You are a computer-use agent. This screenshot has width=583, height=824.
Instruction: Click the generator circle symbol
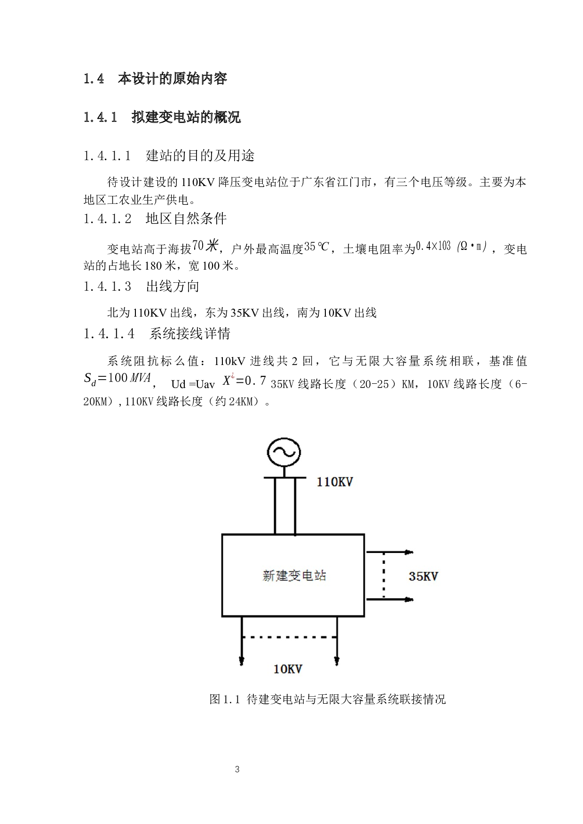click(x=284, y=452)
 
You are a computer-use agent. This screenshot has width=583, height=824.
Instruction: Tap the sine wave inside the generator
click(x=284, y=452)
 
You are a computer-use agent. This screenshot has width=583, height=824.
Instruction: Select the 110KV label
click(x=334, y=482)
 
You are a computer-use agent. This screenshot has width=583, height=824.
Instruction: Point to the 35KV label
click(x=423, y=576)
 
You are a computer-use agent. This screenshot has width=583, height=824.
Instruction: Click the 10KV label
click(x=288, y=669)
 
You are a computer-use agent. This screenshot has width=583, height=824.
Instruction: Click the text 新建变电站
click(x=294, y=575)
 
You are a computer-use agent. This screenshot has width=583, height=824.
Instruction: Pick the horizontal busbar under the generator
click(x=285, y=478)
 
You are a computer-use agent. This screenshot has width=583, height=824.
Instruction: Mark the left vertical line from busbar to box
click(x=275, y=506)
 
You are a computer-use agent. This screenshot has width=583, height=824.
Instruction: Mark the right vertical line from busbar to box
click(x=295, y=506)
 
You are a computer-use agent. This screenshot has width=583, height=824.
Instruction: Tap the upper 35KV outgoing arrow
click(x=389, y=552)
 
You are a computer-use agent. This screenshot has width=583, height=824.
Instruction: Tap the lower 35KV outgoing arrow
click(x=389, y=599)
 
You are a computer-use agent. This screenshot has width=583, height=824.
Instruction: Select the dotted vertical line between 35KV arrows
click(x=384, y=576)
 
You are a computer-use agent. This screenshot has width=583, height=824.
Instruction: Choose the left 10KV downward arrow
click(x=242, y=641)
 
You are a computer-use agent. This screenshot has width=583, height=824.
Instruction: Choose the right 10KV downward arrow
click(x=337, y=641)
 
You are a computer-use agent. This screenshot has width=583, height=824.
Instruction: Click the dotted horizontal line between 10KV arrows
click(x=289, y=637)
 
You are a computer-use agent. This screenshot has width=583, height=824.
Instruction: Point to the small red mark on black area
click(x=232, y=375)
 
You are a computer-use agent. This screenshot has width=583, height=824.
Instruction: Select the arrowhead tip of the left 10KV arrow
click(x=242, y=663)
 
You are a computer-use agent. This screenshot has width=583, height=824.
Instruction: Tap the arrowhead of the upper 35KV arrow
click(x=410, y=552)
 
